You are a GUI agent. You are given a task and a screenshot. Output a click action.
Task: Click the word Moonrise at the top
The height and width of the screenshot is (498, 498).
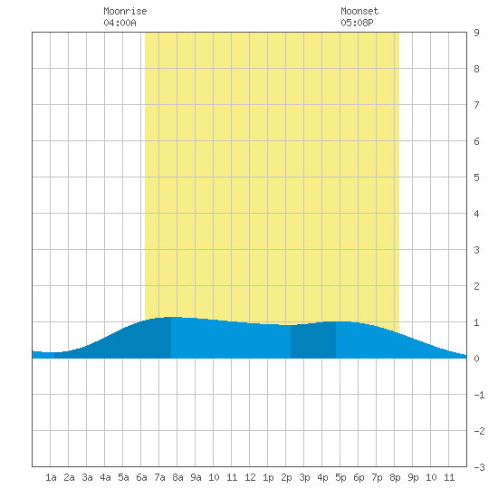125,11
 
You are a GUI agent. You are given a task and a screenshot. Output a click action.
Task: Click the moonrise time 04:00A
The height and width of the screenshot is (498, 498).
120,23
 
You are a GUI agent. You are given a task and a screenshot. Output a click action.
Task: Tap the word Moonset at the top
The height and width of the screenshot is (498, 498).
359,11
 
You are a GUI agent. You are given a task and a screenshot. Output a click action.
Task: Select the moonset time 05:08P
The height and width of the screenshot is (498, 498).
357,23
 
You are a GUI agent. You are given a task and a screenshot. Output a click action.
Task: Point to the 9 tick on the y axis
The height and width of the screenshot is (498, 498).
476,33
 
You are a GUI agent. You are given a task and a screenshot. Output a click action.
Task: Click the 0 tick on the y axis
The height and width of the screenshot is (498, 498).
476,359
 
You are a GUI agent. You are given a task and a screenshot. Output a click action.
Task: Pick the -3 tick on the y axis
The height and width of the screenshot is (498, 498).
479,467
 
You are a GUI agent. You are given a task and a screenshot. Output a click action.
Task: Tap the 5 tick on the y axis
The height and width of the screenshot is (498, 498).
476,177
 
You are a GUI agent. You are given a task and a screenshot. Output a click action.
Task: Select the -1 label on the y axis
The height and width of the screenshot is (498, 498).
479,395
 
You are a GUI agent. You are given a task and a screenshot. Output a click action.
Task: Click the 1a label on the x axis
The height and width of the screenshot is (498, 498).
51,477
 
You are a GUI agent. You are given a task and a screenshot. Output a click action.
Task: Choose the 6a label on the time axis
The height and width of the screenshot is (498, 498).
141,477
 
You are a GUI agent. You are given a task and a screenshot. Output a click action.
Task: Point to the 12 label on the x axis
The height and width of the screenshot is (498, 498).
250,477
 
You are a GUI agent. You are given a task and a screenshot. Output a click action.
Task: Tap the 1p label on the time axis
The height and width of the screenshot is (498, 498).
268,477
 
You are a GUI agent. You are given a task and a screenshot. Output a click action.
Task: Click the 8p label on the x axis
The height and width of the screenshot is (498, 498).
395,477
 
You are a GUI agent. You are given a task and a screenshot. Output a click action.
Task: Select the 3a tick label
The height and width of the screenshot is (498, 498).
87,477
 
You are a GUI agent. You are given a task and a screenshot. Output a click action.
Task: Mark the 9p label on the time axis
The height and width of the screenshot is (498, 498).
413,477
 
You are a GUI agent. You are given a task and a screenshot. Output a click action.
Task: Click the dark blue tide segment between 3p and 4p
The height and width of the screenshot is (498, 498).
313,340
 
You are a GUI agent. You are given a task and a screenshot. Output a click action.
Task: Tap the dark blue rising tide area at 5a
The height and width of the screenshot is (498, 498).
123,343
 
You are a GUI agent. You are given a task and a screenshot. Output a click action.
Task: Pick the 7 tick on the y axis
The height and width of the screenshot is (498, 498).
476,105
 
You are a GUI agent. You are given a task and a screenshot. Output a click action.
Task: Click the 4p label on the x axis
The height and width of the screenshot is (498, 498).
322,477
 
